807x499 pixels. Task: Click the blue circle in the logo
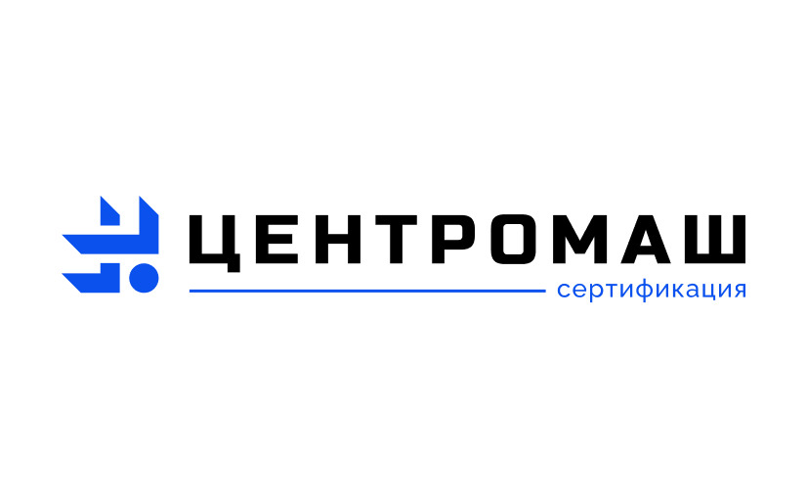coord(145,279)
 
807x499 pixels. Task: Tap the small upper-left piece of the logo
coord(108,212)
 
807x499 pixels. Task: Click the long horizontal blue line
coord(366,291)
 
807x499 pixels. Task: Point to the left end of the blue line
coord(191,291)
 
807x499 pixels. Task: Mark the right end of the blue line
coord(543,291)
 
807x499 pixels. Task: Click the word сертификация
coord(651,291)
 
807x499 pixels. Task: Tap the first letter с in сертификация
coord(564,291)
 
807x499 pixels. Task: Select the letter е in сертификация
coord(578,291)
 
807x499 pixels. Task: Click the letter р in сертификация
coord(594,293)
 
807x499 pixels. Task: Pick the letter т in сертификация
coord(609,291)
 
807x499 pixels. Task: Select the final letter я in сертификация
coord(740,291)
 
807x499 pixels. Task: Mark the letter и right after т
coord(624,291)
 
